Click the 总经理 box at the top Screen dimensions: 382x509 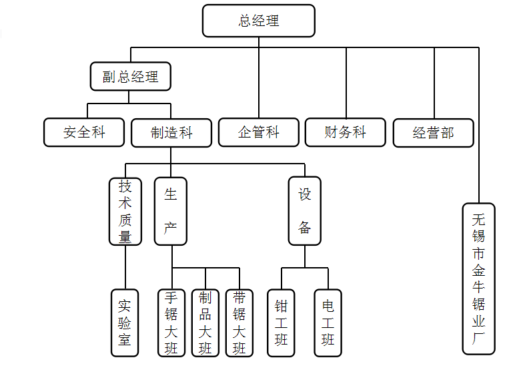[x=258, y=21]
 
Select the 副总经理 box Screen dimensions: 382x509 [x=130, y=76]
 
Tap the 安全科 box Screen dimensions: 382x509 [x=84, y=132]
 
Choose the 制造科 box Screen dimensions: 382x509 [x=171, y=133]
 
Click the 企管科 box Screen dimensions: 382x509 [x=258, y=132]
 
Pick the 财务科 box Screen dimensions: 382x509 [x=345, y=132]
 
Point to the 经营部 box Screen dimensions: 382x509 [x=433, y=133]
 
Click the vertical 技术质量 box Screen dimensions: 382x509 [x=125, y=211]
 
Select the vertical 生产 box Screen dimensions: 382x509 [x=171, y=211]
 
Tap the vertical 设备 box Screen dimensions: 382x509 [x=304, y=211]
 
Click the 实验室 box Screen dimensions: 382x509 [x=125, y=323]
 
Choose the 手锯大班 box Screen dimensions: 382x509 [x=171, y=323]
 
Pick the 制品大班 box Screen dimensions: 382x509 [x=205, y=323]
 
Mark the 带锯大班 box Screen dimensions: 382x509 [x=239, y=323]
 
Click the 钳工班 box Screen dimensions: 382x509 [x=281, y=323]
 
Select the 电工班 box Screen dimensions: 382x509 [x=328, y=323]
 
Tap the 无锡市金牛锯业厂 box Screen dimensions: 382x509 [x=478, y=278]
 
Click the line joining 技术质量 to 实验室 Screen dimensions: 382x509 [x=125, y=267]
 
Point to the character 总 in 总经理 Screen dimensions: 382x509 [x=245, y=21]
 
